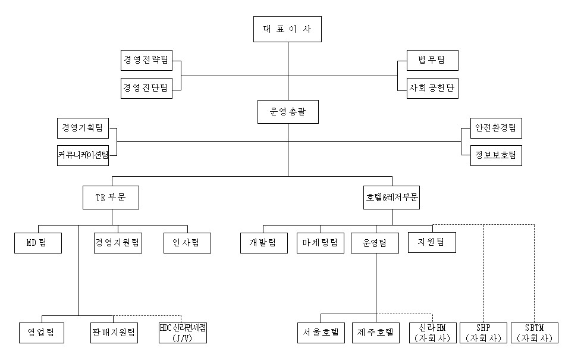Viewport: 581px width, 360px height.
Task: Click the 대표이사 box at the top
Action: [287, 29]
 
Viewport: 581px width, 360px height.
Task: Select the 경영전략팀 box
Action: [146, 61]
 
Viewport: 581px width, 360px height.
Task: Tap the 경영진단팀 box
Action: [146, 88]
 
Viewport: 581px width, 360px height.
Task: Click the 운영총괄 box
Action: [288, 111]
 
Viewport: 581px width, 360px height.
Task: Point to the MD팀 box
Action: [38, 242]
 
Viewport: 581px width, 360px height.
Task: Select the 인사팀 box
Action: [187, 242]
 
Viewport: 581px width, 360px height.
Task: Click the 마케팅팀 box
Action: [321, 242]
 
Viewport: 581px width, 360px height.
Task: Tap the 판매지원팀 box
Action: [114, 332]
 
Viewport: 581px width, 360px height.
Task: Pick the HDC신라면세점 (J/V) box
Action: [183, 332]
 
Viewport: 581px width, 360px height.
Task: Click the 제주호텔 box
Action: [376, 332]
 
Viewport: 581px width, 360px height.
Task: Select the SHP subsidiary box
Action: [483, 332]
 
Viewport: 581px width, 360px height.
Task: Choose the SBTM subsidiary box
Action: [535, 332]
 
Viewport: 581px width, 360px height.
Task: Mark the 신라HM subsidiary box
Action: [432, 332]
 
